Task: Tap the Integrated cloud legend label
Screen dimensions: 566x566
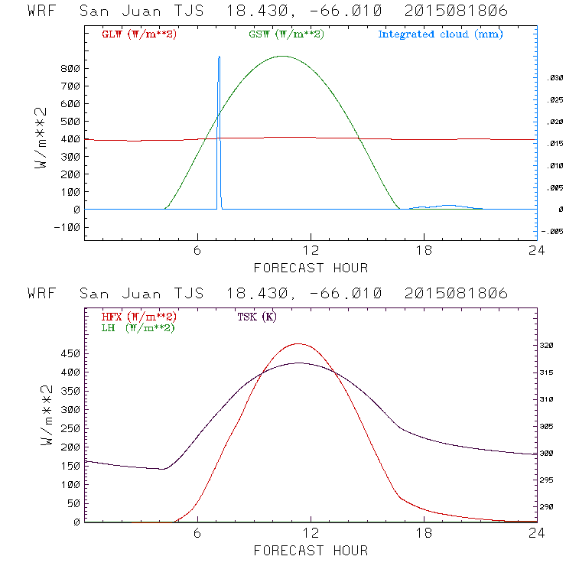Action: [440, 34]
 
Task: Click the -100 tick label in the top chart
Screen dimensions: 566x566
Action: [68, 227]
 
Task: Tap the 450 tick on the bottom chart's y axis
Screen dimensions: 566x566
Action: [70, 354]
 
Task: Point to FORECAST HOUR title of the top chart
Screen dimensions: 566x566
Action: [311, 268]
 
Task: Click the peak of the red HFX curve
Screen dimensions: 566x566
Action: [298, 343]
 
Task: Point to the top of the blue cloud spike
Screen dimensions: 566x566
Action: [219, 57]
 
